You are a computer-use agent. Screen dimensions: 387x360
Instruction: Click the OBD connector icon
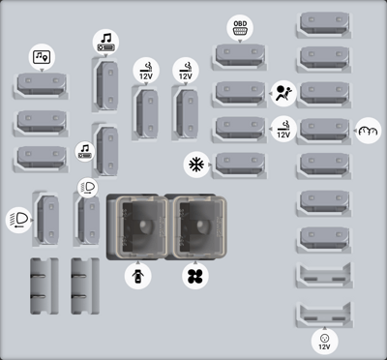tap(240, 27)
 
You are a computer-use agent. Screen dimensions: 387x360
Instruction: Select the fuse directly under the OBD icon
tap(240, 55)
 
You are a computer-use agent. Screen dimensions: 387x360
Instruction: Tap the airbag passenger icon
tap(283, 94)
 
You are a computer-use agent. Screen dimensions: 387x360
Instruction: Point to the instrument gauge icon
tap(368, 131)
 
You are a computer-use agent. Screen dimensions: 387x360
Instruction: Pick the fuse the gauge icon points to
tap(324, 130)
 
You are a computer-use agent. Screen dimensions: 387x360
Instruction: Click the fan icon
tap(195, 276)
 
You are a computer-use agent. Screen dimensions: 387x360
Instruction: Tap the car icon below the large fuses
tap(137, 276)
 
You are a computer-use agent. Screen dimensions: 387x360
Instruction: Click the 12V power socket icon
tap(324, 342)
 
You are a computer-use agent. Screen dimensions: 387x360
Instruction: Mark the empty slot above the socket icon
tap(324, 315)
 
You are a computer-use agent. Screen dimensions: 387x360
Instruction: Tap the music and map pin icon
tap(42, 57)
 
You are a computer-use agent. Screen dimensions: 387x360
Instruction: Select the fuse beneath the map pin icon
tap(42, 84)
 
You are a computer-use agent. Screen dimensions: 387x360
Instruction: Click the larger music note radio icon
tap(105, 43)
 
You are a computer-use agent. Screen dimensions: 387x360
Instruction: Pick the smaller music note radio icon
tap(85, 152)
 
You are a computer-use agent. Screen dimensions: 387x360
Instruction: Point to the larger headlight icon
tap(18, 221)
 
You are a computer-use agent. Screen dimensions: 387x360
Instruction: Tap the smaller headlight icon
tap(88, 187)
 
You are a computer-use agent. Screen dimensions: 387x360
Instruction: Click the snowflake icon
tap(196, 165)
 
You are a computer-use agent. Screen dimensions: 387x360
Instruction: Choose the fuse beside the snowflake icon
tap(240, 164)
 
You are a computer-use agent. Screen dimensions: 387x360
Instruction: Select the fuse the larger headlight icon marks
tap(47, 220)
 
